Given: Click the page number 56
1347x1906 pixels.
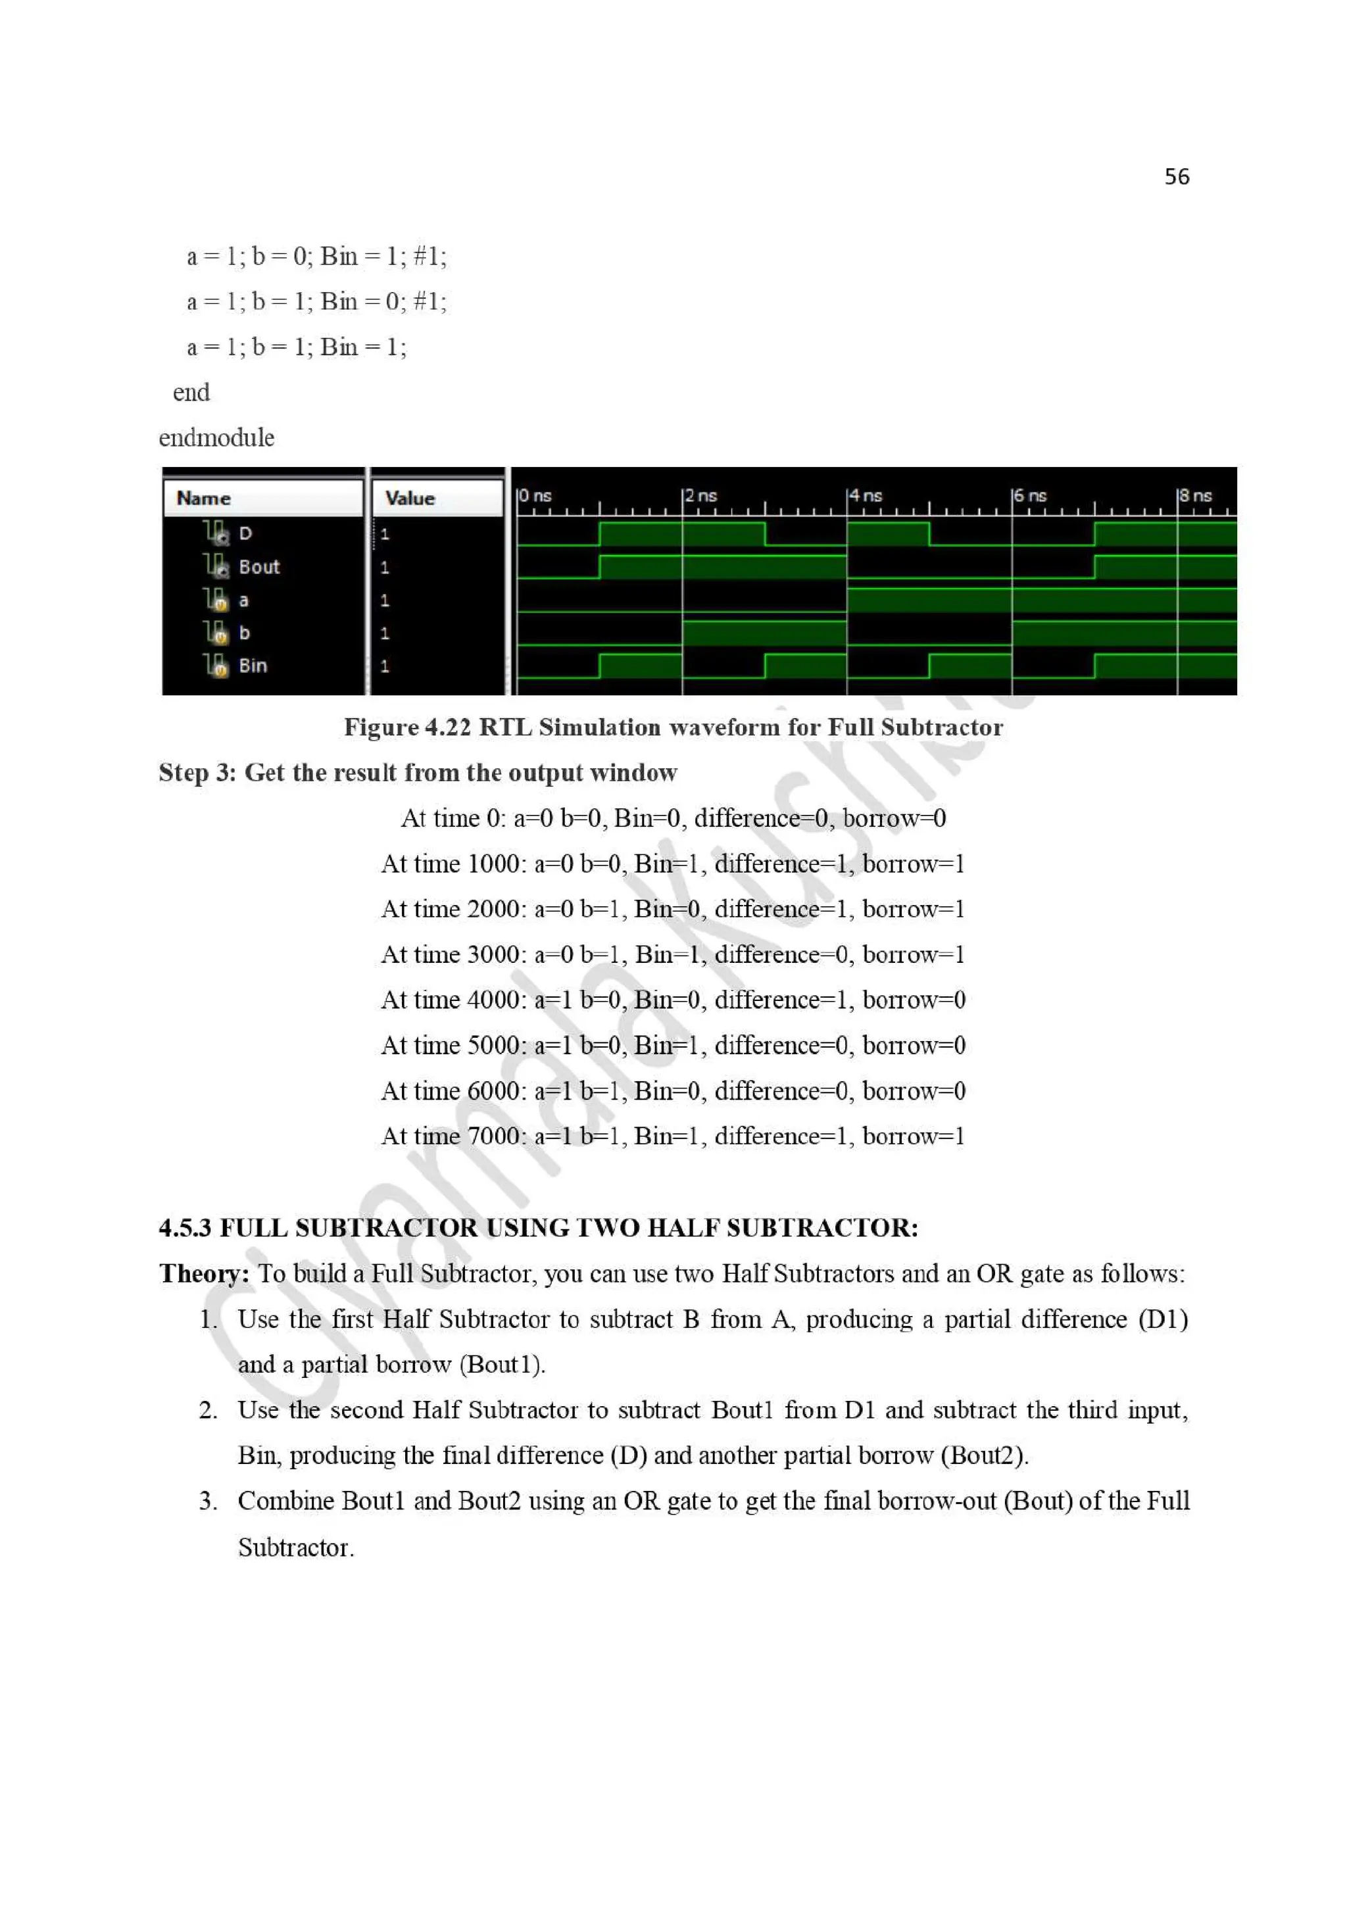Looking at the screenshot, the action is (1176, 177).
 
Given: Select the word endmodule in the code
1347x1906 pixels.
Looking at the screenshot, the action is (216, 437).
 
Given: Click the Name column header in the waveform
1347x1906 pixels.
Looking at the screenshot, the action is (203, 498).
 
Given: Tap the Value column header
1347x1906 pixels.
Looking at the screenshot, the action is (410, 498).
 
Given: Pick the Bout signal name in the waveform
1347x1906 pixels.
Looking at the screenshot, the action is (259, 567).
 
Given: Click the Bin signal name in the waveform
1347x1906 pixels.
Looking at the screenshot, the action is (253, 666).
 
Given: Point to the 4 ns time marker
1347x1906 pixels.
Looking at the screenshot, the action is (865, 496).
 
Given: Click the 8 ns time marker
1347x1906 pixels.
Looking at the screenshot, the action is (1195, 496).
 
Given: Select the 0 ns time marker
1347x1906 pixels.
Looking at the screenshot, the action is (535, 496).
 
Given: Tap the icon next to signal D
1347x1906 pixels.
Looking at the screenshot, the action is (216, 532).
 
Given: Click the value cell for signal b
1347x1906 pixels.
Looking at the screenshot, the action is (384, 633).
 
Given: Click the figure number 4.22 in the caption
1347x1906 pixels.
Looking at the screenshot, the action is (447, 728).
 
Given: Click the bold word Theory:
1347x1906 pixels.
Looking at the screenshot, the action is (204, 1273).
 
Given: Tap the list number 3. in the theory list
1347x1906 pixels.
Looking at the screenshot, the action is (207, 1501).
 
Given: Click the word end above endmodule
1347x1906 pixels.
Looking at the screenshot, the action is (191, 393).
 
